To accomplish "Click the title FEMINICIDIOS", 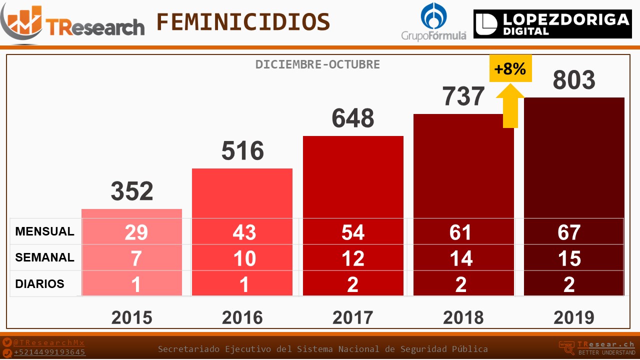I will [x=243, y=22].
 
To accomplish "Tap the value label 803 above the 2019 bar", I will [x=574, y=80].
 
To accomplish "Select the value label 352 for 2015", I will [x=132, y=191].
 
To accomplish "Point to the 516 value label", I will [x=242, y=151].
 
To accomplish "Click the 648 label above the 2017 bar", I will [x=353, y=118].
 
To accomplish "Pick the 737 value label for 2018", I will [x=463, y=96].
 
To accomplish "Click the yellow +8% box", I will [x=510, y=68].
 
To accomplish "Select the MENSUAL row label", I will [x=44, y=231].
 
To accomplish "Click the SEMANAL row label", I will [x=44, y=257].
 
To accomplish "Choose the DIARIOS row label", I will [x=40, y=284].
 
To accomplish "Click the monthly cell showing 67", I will [x=569, y=232].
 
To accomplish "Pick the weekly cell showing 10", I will [x=244, y=258].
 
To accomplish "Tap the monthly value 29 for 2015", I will [x=136, y=232].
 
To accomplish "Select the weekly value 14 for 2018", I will [x=460, y=258].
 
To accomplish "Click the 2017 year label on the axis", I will [x=353, y=317].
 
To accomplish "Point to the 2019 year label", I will [x=574, y=317].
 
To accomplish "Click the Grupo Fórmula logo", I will [x=433, y=21].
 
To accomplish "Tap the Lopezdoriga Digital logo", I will [x=552, y=24].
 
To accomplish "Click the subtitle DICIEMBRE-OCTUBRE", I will [x=317, y=64].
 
